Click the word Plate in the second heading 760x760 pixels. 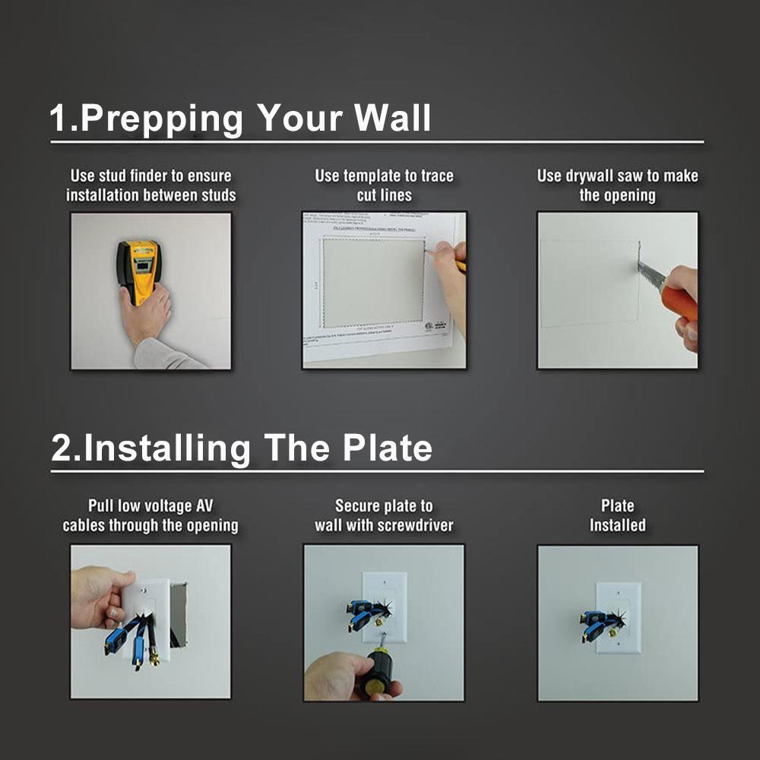click(387, 448)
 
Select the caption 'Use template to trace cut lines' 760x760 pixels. click(384, 185)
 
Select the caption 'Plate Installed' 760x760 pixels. click(617, 515)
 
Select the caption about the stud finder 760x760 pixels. click(150, 185)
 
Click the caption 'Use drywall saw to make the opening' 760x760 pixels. click(617, 185)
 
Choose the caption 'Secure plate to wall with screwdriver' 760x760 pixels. click(384, 515)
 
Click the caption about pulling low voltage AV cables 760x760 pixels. click(150, 515)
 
